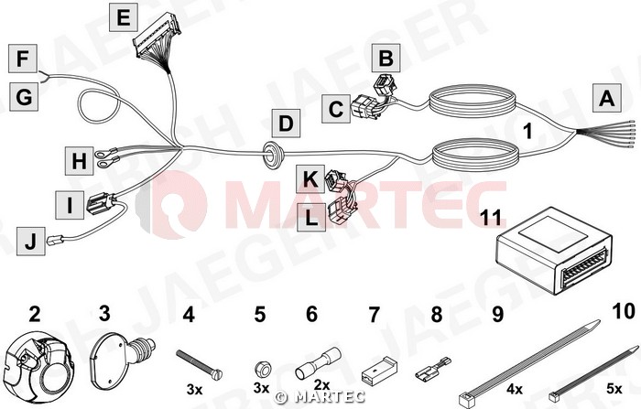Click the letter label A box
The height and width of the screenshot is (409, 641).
[606, 98]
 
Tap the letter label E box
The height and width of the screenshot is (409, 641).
[124, 17]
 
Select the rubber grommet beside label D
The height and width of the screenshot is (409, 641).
[270, 154]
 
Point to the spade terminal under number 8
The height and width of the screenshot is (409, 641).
[433, 370]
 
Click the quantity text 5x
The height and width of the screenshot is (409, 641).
[614, 389]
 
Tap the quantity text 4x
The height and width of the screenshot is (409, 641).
[515, 389]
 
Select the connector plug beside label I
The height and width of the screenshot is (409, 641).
[98, 203]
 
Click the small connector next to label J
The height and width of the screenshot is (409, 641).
[54, 241]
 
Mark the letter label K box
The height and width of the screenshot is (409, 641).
[310, 179]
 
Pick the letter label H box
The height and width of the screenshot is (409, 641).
[80, 161]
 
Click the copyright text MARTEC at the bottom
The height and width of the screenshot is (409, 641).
[320, 396]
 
